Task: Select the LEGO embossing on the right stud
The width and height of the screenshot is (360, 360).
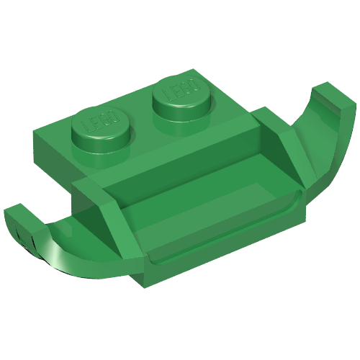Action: coord(181,89)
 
